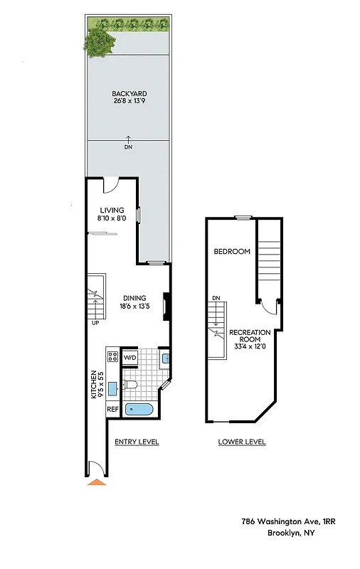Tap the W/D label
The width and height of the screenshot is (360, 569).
(131, 357)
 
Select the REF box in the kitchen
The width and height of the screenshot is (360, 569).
(112, 409)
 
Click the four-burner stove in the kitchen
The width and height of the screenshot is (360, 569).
(112, 357)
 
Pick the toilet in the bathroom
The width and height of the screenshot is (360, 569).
(129, 385)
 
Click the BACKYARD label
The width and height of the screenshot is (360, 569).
(128, 94)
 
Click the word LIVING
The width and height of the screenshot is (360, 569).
(112, 211)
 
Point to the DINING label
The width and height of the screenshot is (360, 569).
(134, 298)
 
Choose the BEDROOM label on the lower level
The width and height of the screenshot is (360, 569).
(232, 252)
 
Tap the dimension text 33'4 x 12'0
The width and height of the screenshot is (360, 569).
(250, 346)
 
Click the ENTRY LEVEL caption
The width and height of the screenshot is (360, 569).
(137, 442)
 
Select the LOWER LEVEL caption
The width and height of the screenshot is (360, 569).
(242, 442)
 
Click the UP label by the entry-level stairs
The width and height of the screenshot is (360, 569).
(95, 322)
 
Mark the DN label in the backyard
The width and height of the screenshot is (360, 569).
(128, 147)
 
